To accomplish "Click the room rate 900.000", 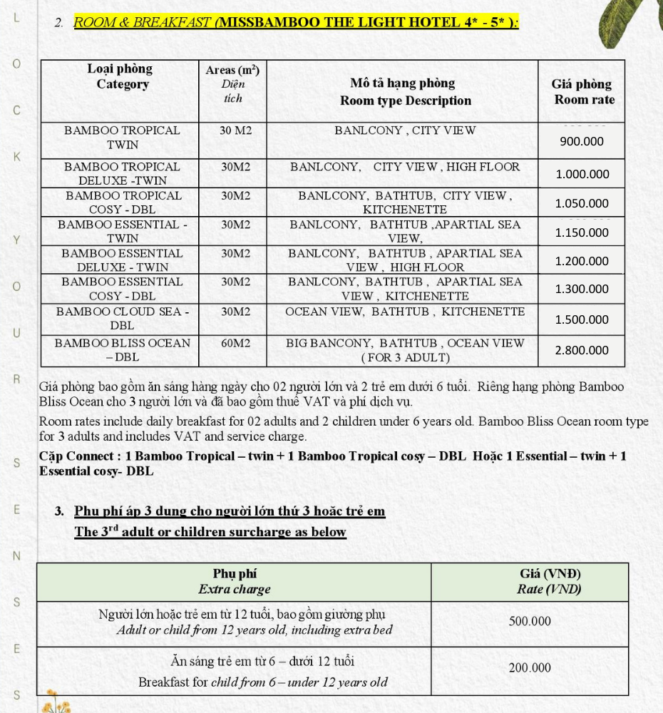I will pos(582,141).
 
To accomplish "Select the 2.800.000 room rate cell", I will pos(582,350).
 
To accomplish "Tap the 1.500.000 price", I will pos(582,319).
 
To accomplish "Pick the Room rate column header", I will pos(582,92).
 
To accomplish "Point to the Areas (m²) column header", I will pos(232,83).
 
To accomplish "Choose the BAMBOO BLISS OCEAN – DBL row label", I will pos(122,349).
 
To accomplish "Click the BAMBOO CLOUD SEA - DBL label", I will pos(122,318).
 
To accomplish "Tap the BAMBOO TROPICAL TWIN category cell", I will pos(122,137).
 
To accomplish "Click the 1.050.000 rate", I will pos(582,203).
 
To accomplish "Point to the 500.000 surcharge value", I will pos(530,621).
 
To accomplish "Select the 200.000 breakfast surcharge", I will pos(530,668).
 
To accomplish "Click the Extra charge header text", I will pos(235,590).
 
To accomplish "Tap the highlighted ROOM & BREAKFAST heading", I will pos(296,22).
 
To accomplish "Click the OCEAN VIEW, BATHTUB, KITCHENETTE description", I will pos(405,312).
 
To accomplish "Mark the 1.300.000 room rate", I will pos(582,289).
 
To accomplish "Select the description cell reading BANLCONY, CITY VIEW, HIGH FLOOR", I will pos(405,167).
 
